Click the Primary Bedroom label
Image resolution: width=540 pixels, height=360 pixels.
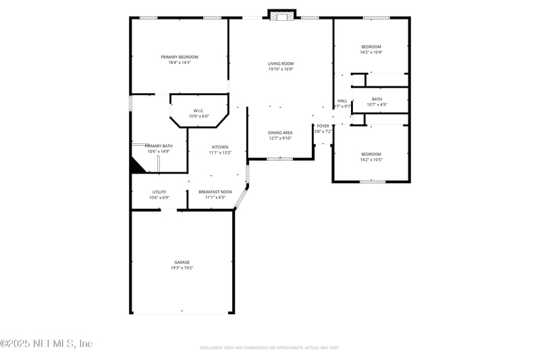click(x=180, y=57)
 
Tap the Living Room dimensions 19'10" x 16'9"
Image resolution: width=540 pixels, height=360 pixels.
click(x=281, y=69)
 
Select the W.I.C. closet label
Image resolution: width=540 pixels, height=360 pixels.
click(x=198, y=111)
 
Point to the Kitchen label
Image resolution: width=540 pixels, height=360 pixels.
click(x=220, y=147)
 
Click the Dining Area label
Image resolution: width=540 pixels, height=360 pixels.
click(x=280, y=132)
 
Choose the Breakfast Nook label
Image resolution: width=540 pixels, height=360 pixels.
click(x=215, y=192)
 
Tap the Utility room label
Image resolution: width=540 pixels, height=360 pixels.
click(x=159, y=192)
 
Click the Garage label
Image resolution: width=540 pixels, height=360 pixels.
click(x=182, y=262)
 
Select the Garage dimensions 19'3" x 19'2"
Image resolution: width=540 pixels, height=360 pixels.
click(x=182, y=268)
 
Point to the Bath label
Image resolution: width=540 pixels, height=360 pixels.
click(x=377, y=99)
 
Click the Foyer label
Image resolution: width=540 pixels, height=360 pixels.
click(x=323, y=126)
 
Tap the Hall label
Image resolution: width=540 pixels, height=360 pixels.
click(x=342, y=101)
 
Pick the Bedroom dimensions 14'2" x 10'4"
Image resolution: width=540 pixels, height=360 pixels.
click(x=371, y=53)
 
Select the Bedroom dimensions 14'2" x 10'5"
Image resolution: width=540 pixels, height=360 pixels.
click(x=371, y=160)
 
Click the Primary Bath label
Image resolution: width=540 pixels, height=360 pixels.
click(x=159, y=146)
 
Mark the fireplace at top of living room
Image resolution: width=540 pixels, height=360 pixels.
click(x=281, y=16)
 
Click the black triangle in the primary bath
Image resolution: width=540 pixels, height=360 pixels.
click(x=137, y=167)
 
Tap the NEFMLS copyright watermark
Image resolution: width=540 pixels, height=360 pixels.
click(x=46, y=344)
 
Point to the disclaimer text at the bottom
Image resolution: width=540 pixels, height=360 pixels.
click(x=269, y=348)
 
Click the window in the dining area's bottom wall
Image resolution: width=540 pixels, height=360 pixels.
click(x=279, y=159)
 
